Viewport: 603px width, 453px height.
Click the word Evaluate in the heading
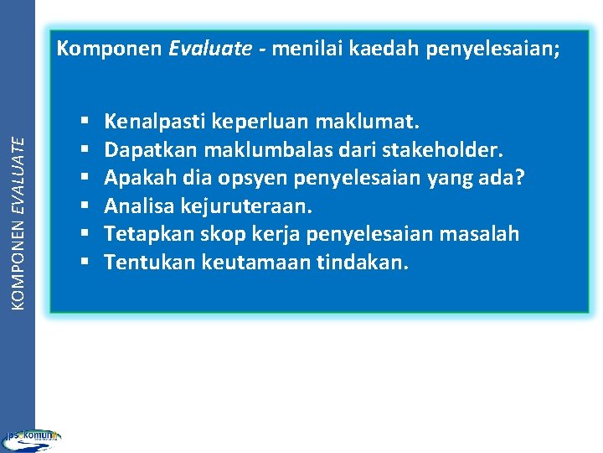pyautogui.click(x=209, y=49)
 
